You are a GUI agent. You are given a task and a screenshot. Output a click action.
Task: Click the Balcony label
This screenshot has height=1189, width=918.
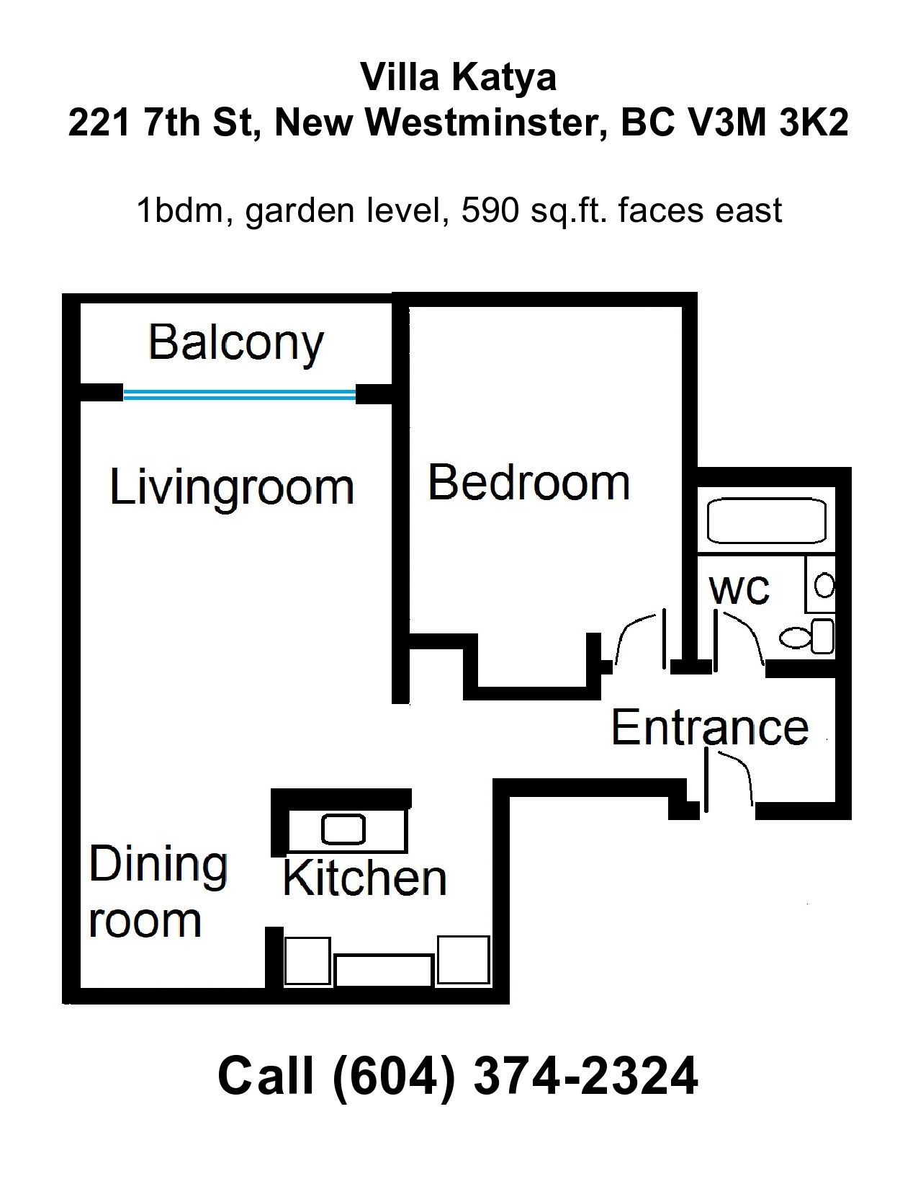point(236,344)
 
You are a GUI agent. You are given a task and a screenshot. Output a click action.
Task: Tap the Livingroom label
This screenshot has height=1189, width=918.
point(232,488)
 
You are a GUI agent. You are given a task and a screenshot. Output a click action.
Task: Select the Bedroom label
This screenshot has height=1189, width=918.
point(528,483)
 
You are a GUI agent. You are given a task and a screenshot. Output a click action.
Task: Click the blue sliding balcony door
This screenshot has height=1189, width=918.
point(240,394)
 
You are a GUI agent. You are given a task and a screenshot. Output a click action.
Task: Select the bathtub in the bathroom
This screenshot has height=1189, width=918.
point(766,522)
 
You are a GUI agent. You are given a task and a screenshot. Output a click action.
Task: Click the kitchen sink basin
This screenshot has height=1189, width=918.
point(343,829)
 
